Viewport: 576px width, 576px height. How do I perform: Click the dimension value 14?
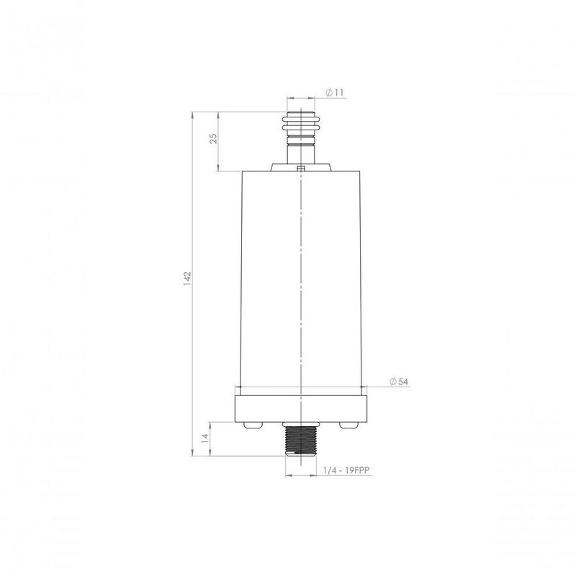(x=204, y=438)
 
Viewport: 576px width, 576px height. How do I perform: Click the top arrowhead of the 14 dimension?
(x=210, y=424)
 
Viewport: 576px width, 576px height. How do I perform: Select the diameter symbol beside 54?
(x=393, y=382)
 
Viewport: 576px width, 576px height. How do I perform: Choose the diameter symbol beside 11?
(x=329, y=93)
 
